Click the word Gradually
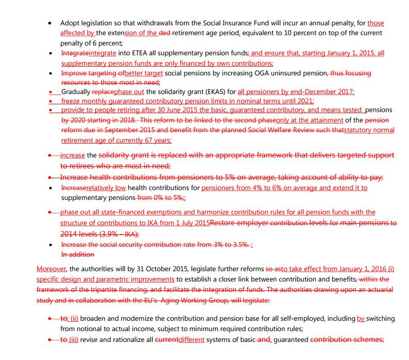pos(77,92)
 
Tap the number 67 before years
pos(141,140)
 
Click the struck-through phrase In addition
pos(78,255)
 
